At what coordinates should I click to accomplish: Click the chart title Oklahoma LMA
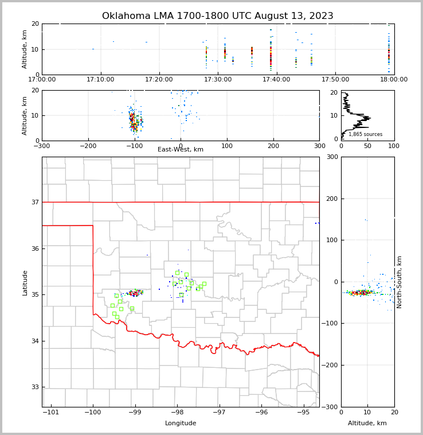click(x=217, y=16)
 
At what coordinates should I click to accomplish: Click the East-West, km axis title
click(x=181, y=150)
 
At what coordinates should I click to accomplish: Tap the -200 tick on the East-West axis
click(x=88, y=146)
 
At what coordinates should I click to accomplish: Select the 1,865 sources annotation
click(x=366, y=134)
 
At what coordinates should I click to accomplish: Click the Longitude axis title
click(x=181, y=424)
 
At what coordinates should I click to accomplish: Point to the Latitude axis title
click(x=25, y=282)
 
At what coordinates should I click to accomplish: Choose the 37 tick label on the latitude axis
click(x=34, y=202)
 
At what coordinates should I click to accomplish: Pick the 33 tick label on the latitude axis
click(x=34, y=387)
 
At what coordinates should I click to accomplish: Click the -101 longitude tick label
click(x=50, y=413)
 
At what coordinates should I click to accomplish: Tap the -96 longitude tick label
click(x=261, y=413)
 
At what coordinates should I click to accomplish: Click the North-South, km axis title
click(x=399, y=282)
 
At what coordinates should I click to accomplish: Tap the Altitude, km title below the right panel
click(x=367, y=424)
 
